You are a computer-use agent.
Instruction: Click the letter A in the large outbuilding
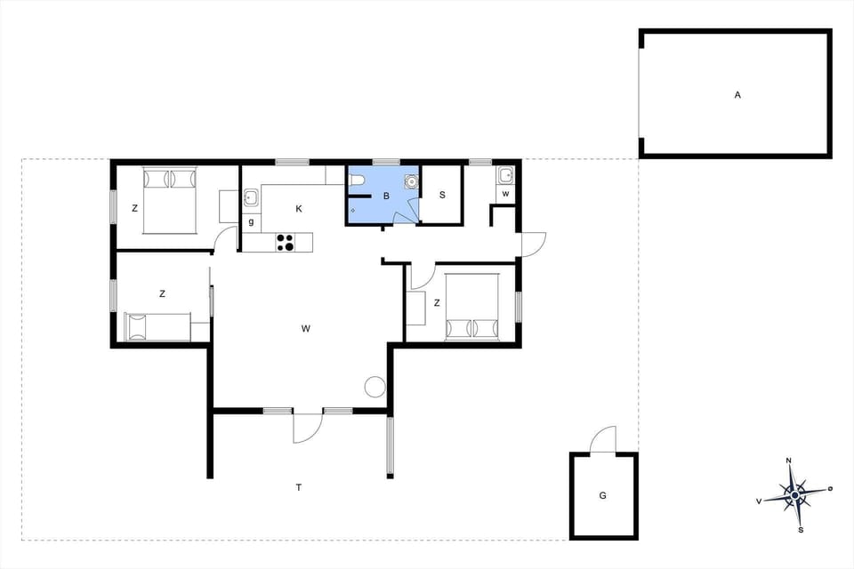tap(737, 93)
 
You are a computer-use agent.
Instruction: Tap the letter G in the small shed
tap(602, 494)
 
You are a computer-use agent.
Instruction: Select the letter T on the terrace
tap(299, 486)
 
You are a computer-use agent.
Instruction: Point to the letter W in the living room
tap(305, 329)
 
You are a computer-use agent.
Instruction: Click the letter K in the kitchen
tap(299, 208)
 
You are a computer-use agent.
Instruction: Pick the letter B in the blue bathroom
tap(386, 196)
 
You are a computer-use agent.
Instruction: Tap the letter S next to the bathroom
tap(442, 196)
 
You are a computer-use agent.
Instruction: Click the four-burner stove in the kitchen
tap(285, 242)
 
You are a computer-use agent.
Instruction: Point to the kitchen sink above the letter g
tap(251, 196)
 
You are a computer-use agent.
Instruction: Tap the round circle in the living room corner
tap(375, 386)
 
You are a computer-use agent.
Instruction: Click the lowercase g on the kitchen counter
tap(251, 221)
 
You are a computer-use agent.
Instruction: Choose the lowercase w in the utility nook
tap(505, 194)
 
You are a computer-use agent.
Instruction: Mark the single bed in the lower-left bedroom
tap(157, 326)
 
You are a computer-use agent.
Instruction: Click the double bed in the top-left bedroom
tap(169, 200)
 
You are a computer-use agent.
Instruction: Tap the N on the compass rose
tap(789, 461)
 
